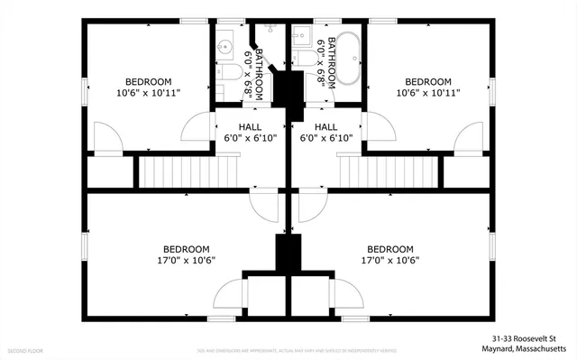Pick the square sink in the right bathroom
[x=302, y=37]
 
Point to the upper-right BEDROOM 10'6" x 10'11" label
[x=428, y=87]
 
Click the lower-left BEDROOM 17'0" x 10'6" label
[x=187, y=254]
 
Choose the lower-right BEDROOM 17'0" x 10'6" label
[x=390, y=254]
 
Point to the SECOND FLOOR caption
[x=25, y=348]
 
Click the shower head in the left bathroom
[x=255, y=32]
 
